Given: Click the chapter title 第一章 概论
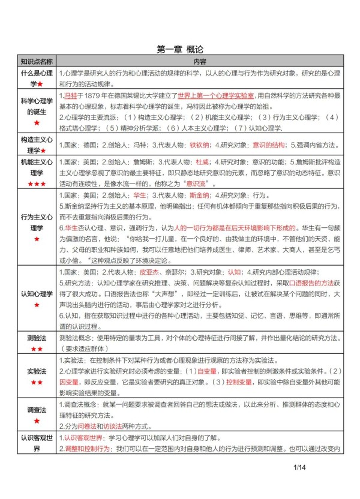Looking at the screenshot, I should (180, 50).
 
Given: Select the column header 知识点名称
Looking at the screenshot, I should (37, 62).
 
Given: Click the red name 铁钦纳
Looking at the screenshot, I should (199, 145).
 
